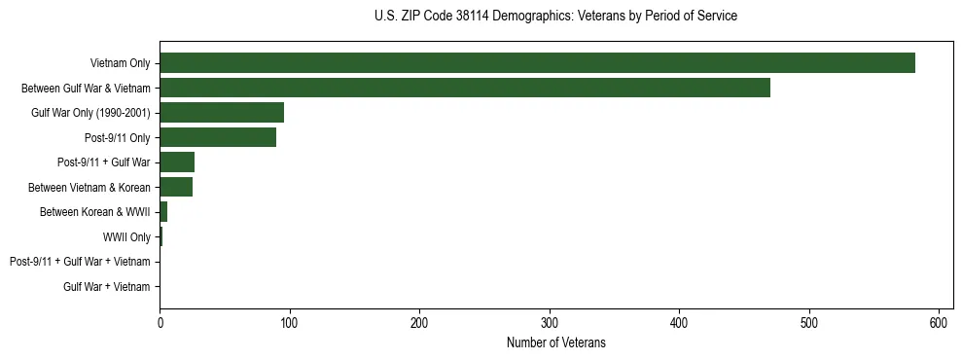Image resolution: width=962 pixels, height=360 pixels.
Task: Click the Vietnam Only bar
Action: (537, 63)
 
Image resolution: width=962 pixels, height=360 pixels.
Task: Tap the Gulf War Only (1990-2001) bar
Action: (222, 113)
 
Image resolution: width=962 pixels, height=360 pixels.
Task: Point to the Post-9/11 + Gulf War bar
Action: (177, 162)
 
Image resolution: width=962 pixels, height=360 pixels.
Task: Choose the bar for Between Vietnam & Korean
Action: (176, 187)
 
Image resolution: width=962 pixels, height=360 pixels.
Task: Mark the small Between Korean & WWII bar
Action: (163, 212)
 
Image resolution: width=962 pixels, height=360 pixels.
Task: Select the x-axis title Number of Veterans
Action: (555, 343)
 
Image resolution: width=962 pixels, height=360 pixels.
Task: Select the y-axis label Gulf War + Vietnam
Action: (107, 286)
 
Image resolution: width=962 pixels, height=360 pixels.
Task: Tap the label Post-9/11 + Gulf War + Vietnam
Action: (80, 262)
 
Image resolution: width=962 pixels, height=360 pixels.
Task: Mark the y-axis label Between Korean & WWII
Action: (95, 212)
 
